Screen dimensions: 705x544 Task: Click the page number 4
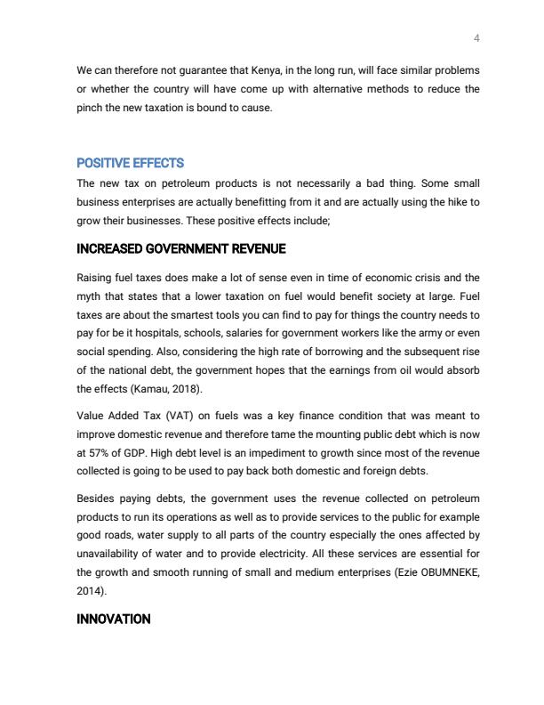point(477,38)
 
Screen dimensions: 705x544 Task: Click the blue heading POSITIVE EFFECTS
point(130,163)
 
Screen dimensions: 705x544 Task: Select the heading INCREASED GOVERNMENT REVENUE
point(181,248)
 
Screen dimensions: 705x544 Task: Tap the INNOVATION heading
point(114,619)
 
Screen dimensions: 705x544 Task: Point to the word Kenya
point(235,70)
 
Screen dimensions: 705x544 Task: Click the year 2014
point(91,590)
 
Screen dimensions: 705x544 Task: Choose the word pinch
point(92,108)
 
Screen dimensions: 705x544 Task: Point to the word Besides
point(96,498)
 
